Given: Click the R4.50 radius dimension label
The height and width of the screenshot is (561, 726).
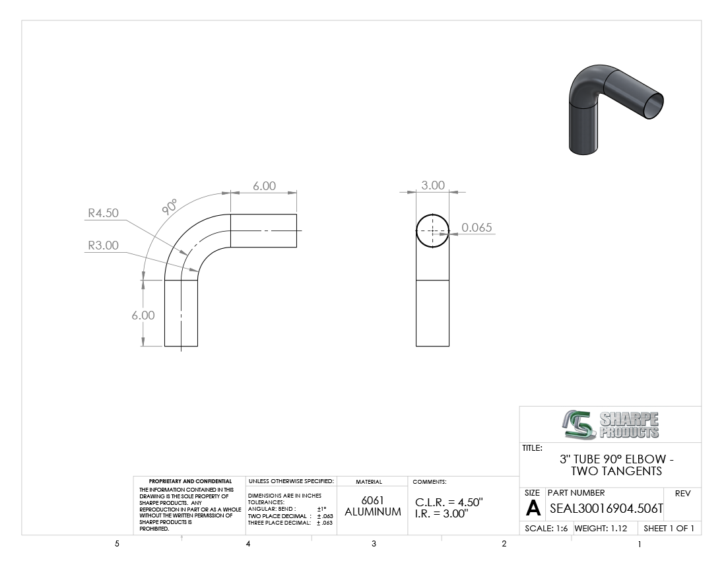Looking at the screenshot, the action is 103,213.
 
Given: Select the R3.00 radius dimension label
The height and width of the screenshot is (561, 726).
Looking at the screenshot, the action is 103,246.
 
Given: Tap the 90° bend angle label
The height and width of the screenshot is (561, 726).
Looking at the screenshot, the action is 170,207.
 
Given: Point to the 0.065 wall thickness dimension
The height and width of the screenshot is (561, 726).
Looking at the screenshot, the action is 477,227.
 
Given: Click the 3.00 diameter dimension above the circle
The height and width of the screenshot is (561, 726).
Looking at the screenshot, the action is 433,185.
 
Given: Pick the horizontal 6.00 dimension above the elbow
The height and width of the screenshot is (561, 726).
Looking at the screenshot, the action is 265,185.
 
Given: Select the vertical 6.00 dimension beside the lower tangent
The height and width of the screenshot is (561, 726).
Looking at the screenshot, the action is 143,315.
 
